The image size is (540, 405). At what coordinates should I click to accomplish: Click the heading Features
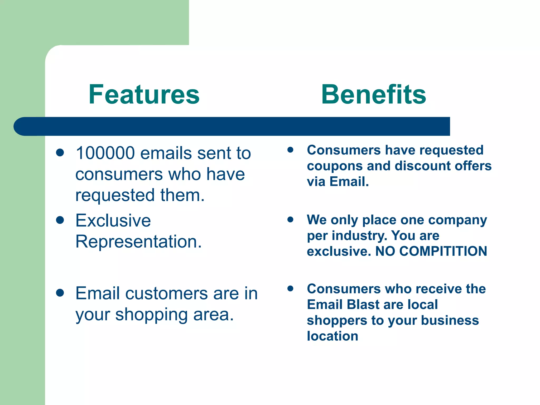point(144,94)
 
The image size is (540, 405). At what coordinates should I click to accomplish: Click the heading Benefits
point(373,94)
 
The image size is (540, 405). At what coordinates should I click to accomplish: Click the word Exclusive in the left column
point(113,220)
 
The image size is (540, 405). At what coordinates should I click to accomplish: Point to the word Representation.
point(138,242)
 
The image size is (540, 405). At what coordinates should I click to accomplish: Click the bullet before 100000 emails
point(60,152)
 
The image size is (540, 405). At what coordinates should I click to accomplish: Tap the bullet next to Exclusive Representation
point(60,220)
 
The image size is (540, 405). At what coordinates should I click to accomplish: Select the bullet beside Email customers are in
point(60,293)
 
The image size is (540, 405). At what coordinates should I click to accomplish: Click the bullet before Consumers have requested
point(290,150)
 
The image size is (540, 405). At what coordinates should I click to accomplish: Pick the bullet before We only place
point(290,219)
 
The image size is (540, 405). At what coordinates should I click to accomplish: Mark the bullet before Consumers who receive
point(290,288)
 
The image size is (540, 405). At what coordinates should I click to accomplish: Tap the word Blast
point(363,305)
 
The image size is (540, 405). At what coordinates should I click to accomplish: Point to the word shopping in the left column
point(151,315)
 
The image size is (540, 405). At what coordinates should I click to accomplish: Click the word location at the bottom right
point(332,336)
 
